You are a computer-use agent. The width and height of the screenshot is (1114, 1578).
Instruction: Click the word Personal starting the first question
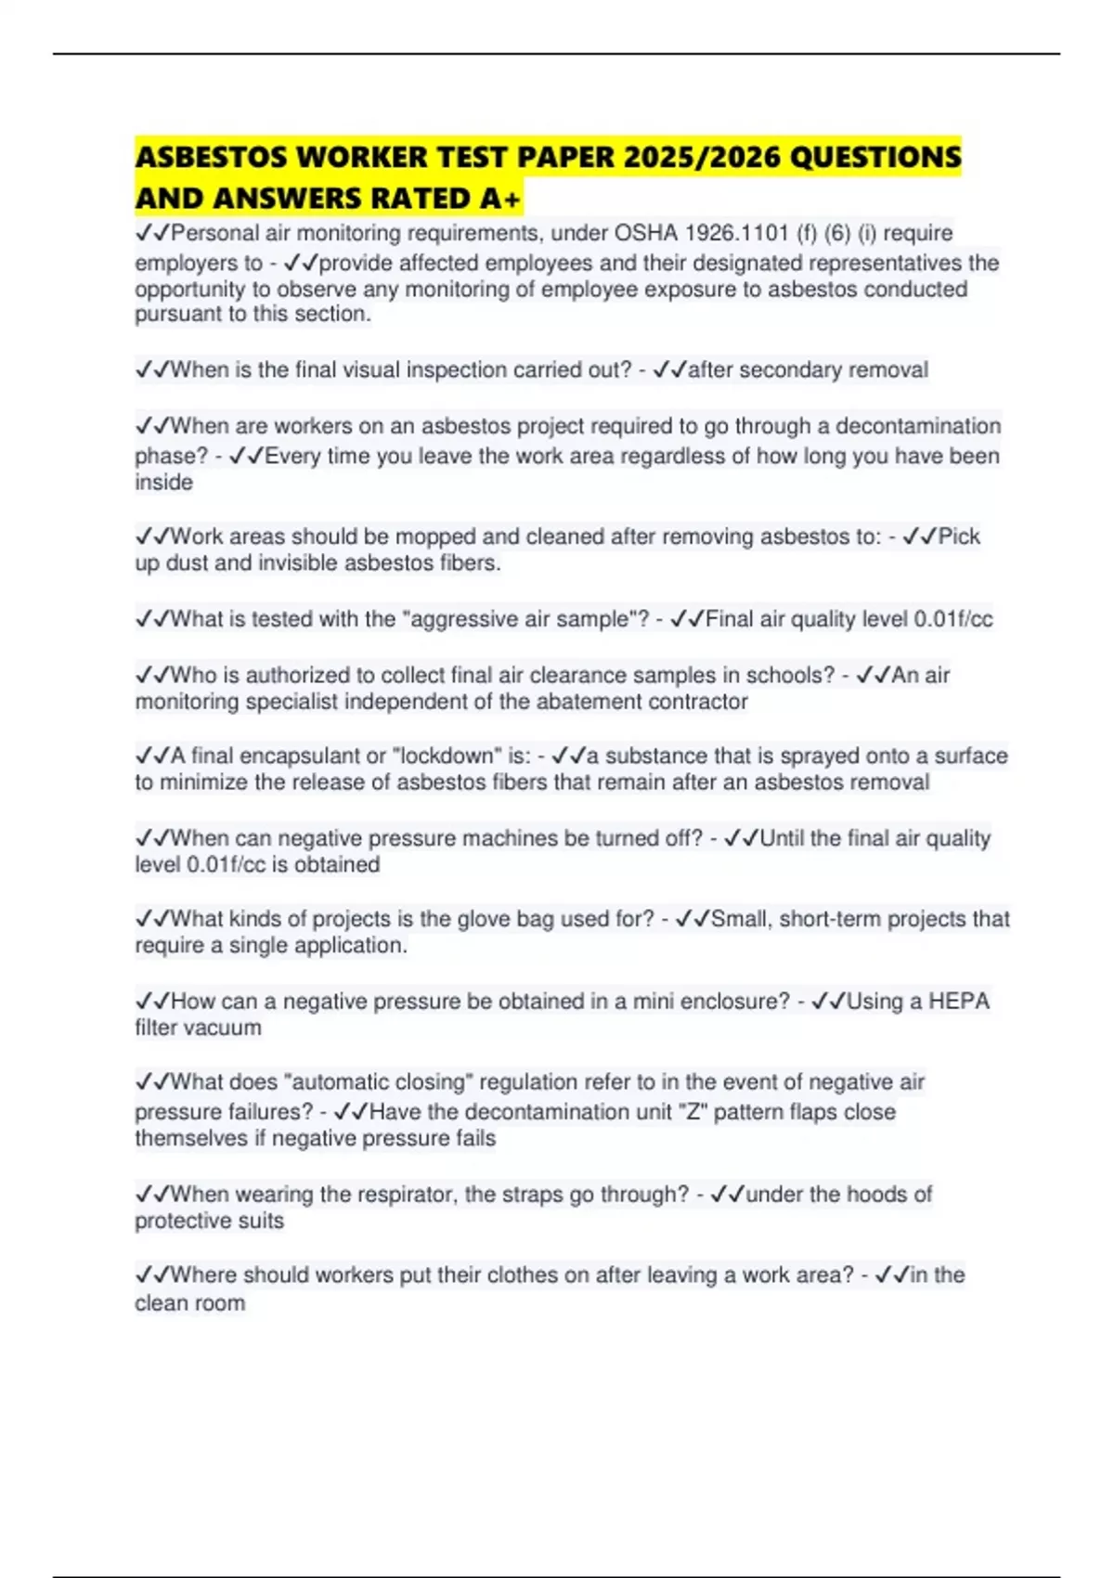[214, 233]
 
